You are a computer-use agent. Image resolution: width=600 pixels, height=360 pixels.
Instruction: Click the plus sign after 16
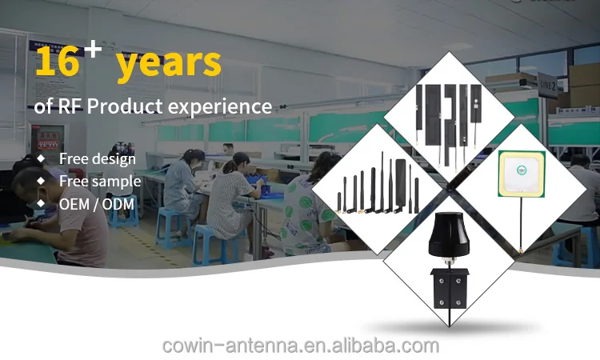[94, 50]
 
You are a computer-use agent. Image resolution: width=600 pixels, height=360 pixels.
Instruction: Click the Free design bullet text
[98, 158]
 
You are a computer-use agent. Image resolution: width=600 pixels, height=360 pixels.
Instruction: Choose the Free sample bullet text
[100, 181]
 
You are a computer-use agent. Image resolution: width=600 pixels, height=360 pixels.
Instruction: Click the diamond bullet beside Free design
[41, 158]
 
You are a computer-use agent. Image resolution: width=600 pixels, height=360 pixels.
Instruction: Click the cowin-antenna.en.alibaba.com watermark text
[300, 346]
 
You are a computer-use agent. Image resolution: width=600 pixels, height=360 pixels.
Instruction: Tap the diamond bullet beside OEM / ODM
[41, 204]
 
